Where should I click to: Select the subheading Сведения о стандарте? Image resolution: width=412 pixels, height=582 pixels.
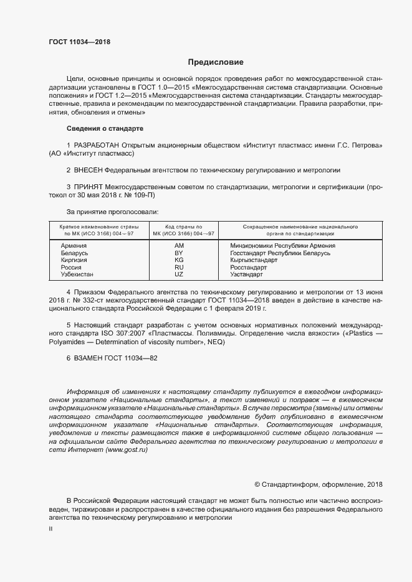pos(105,128)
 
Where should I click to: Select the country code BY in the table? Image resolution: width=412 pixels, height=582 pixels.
pos(178,253)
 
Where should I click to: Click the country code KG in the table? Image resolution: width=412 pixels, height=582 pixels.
pos(178,260)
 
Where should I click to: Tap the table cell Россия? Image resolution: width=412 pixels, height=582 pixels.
pos(71,267)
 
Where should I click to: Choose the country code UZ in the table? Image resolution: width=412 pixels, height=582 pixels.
pos(178,274)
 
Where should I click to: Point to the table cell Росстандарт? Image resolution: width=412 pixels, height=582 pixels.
pos(248,267)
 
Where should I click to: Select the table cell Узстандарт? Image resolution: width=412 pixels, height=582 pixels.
pos(246,274)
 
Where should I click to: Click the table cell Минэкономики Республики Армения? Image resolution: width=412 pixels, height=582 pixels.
pos(282,246)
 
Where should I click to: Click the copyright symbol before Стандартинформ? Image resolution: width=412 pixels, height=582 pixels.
pos(257,484)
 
